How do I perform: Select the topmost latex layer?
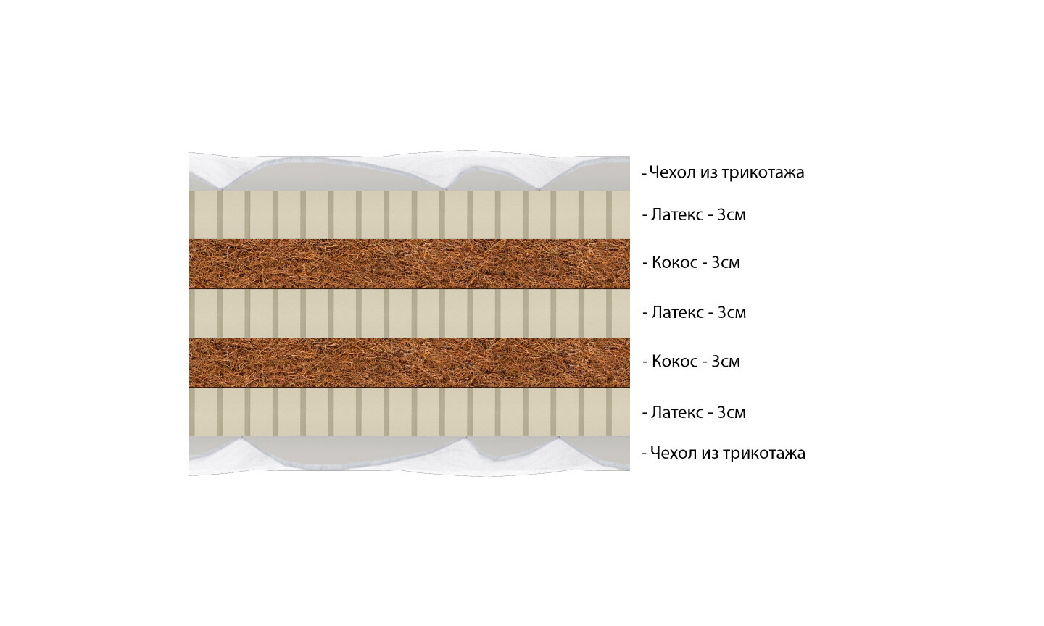[409, 214]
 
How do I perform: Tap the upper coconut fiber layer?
[409, 264]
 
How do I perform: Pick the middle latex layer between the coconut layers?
[409, 313]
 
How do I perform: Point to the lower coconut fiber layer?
[409, 362]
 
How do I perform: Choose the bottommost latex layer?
[409, 412]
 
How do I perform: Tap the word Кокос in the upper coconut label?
[674, 263]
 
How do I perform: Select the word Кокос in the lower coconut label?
[674, 362]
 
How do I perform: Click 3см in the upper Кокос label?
[726, 263]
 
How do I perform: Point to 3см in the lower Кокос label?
[726, 362]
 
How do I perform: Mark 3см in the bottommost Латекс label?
[732, 413]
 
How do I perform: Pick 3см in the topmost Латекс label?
[732, 214]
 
